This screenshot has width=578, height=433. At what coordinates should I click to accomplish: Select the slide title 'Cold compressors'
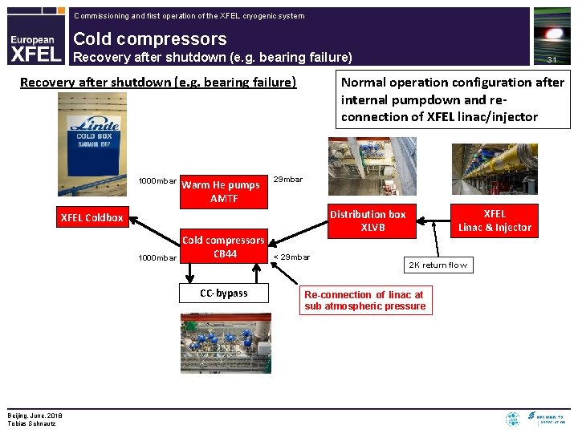[x=150, y=38]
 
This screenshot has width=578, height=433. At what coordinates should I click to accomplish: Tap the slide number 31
[x=552, y=59]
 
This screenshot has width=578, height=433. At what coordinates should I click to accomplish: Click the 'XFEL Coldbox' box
[x=92, y=217]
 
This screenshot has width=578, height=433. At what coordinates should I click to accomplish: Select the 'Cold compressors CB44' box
[x=224, y=247]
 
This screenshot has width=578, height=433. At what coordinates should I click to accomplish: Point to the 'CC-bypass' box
[x=224, y=293]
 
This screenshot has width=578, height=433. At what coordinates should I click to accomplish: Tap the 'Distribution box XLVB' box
[x=368, y=221]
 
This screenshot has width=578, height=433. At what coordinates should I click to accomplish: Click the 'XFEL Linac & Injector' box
[x=495, y=221]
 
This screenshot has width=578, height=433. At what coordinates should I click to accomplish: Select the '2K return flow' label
[x=438, y=265]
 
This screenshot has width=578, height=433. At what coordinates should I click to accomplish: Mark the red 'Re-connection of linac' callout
[x=364, y=300]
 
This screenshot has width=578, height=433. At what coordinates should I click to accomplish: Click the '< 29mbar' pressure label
[x=291, y=257]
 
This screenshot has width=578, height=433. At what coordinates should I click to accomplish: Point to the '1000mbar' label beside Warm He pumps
[x=157, y=180]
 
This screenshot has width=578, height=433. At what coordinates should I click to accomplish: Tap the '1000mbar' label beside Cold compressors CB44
[x=157, y=257]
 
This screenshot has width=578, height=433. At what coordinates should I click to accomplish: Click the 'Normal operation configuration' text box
[x=453, y=99]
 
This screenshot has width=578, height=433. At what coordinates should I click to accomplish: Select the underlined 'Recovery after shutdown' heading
[x=158, y=82]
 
